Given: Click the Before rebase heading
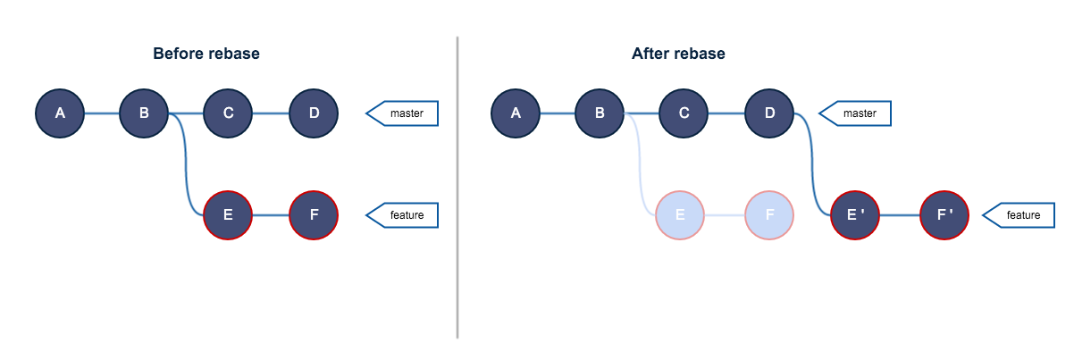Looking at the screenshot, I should [206, 54].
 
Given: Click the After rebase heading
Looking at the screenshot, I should [678, 54].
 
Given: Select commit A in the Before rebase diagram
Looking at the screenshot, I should [60, 113].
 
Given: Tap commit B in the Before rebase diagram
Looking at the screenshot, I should [144, 113].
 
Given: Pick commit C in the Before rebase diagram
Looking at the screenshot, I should [229, 113].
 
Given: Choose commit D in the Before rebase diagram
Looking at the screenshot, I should [314, 113].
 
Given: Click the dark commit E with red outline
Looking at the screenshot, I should [229, 215].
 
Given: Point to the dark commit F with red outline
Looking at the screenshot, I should [314, 215].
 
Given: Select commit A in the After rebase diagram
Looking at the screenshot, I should [516, 113].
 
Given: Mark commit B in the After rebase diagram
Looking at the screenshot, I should [600, 113].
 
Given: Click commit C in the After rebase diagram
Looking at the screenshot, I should [684, 113].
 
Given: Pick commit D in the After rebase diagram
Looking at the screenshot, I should [769, 113].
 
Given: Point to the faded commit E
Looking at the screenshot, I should [680, 215].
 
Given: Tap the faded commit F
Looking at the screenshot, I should [768, 215].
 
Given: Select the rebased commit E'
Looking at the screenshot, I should [856, 215].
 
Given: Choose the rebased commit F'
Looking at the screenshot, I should [944, 215].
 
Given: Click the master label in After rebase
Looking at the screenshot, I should [859, 113].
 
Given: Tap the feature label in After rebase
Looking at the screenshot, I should [1021, 215].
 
